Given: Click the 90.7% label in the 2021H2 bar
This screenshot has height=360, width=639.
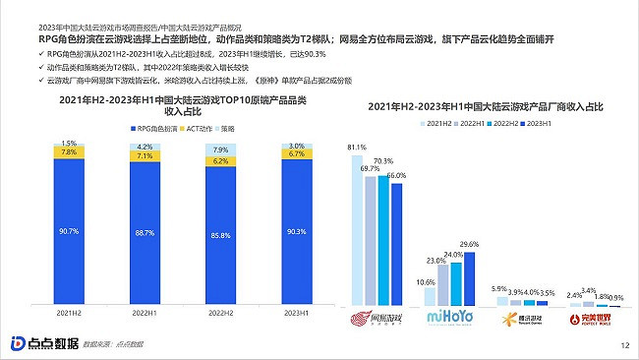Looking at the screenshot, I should [69, 231].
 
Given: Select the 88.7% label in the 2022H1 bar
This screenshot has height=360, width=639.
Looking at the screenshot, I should [142, 232].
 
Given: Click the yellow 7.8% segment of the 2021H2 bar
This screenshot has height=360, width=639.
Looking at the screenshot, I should [69, 152].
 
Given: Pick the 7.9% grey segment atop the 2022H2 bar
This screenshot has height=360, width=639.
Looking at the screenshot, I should [218, 149].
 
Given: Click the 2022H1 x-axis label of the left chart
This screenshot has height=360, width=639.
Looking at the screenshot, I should [142, 314].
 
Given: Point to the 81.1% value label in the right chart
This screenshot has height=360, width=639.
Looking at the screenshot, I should [358, 146].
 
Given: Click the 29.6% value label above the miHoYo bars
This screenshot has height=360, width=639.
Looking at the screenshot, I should [469, 244].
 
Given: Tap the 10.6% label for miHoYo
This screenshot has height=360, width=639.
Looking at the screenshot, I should [427, 282].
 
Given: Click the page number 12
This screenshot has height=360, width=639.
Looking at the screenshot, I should [624, 345].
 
